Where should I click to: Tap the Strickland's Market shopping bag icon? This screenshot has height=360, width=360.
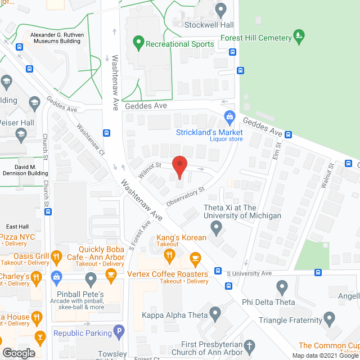229,118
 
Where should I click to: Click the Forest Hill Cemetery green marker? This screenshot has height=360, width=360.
300,37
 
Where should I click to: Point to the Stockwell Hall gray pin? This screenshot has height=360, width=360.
221,10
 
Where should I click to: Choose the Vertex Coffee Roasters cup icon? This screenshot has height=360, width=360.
195,260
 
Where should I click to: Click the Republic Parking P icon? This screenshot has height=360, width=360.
118,333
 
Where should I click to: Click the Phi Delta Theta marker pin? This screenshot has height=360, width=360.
282,287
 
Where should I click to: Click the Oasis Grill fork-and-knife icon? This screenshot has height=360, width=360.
56,258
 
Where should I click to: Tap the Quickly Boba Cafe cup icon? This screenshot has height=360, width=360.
111,274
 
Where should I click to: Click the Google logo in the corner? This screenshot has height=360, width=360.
18,353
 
